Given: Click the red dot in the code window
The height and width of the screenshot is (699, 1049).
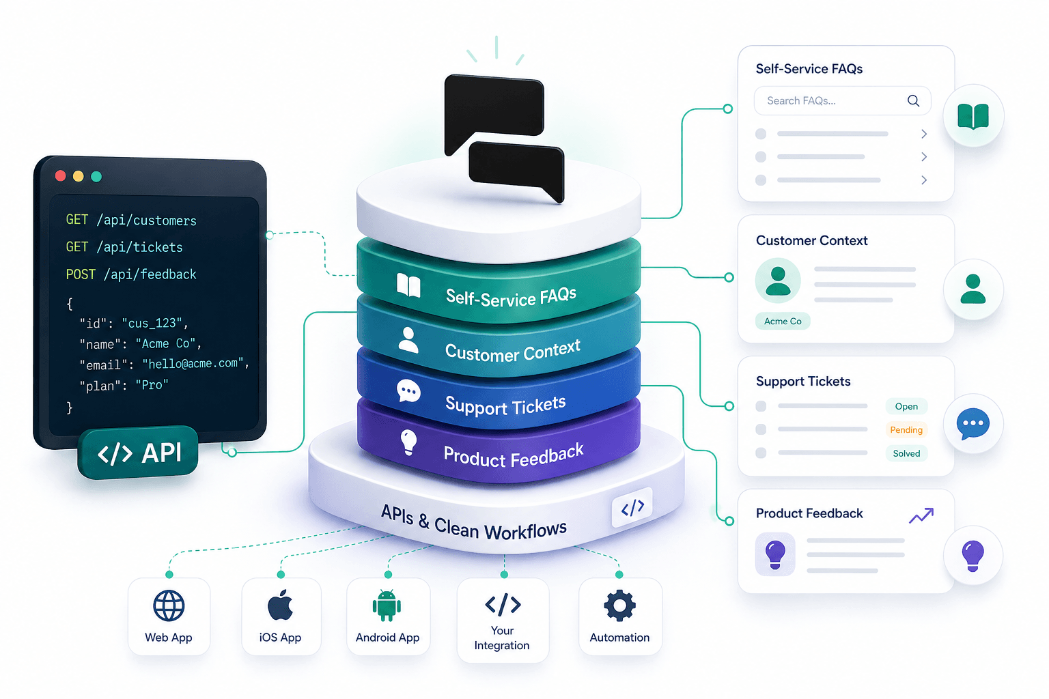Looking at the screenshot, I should click(60, 176).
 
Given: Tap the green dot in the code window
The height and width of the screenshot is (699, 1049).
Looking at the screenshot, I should click(96, 176).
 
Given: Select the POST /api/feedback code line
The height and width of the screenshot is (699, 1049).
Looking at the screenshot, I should click(131, 274).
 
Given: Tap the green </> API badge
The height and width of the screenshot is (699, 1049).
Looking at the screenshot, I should click(139, 453).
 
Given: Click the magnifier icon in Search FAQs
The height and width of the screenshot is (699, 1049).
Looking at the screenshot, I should click(913, 101).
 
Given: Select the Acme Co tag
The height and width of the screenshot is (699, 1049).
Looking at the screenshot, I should click(783, 322).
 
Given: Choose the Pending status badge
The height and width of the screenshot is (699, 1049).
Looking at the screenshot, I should click(906, 430).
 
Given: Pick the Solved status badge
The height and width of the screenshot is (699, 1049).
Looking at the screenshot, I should click(906, 453).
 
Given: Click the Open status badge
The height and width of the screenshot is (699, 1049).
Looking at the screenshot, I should click(906, 407).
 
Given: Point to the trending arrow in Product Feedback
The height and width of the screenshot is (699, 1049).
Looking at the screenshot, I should click(921, 515).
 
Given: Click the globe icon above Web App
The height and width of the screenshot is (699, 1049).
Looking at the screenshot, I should click(169, 605).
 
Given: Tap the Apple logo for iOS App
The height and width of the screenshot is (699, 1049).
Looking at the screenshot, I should click(280, 605).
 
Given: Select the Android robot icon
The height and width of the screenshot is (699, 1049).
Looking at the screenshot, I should click(387, 605).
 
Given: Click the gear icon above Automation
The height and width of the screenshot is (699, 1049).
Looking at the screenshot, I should click(619, 605).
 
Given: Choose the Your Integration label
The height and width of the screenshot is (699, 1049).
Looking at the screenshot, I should click(502, 638).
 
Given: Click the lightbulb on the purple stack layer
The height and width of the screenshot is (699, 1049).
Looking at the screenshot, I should click(408, 442).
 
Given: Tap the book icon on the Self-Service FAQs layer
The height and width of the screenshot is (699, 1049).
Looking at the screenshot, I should click(408, 285).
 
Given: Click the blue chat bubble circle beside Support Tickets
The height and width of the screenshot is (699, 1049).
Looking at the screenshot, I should click(973, 424).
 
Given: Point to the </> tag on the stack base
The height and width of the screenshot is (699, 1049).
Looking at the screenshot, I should click(632, 507).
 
